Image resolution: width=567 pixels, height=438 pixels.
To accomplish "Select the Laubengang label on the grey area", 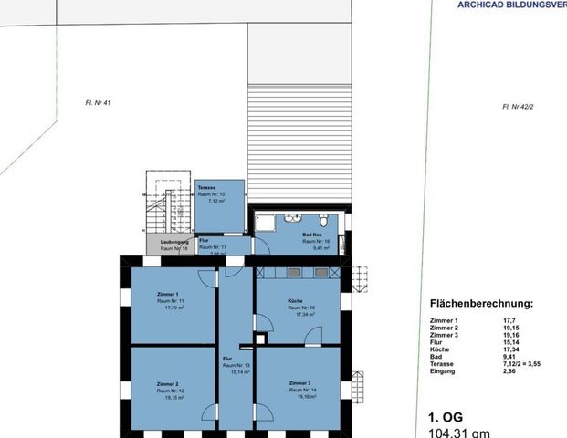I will (174, 242).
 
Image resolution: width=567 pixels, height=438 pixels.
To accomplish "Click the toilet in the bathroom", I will (326, 221).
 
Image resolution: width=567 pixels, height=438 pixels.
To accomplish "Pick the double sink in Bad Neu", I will (293, 219).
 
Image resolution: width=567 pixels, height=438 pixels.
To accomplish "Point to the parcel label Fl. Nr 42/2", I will (517, 107).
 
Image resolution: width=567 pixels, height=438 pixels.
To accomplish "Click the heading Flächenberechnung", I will (481, 304).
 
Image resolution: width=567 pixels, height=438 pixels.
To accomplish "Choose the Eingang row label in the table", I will (443, 370).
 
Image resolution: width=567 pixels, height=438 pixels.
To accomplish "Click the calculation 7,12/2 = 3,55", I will (526, 363).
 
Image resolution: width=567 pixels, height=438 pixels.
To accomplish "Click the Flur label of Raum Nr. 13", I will (226, 359).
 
